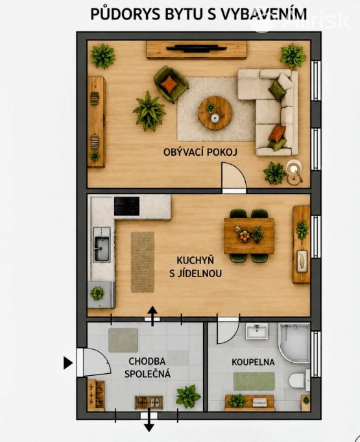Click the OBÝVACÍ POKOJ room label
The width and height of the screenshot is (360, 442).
pos(200,152)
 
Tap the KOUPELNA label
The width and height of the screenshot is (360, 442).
pos(253,362)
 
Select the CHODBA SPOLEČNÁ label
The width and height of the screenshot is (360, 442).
pos(147,367)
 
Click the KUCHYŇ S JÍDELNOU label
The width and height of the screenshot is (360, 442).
pos(195,267)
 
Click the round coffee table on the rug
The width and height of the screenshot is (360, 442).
pos(215,113)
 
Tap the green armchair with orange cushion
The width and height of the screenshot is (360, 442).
pos(171,84)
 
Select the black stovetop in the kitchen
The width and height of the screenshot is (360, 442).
pos(126,206)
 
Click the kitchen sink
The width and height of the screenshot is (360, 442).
pos(101,245)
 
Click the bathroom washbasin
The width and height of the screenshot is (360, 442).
pos(256,331)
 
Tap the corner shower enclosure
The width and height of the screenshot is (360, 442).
pos(294,343)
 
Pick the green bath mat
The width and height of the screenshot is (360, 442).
pos(254,381)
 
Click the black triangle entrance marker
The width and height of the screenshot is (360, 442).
pos(67,363)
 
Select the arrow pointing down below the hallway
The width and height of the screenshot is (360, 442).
pos(149,421)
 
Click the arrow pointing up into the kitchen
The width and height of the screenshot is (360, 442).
pos(152,316)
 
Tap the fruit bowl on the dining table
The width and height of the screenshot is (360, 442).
pos(245,236)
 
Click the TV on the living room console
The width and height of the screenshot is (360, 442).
pos(197,48)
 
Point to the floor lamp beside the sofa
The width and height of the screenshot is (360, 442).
pos(294,171)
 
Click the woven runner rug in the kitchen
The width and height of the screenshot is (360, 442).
pos(143,262)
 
